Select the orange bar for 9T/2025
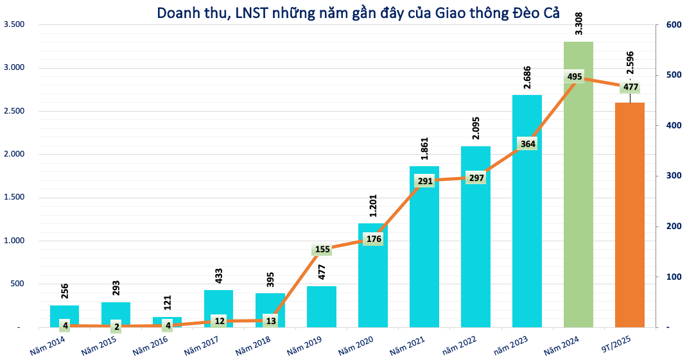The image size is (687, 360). point(629,218)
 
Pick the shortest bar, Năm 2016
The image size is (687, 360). point(167,320)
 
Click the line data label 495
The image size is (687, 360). point(575,77)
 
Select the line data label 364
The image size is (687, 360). point(527,144)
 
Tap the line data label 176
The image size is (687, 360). point(373,239)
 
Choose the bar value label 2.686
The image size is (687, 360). point(527,78)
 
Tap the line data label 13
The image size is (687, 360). point(270,320)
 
